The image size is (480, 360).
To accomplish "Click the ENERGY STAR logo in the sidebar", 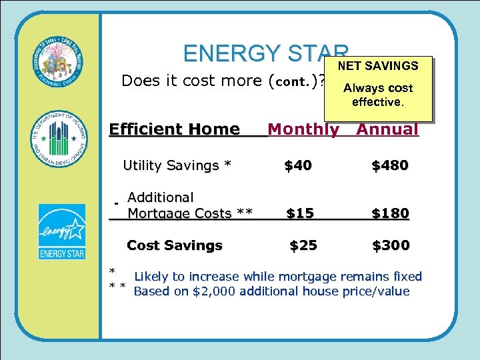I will coord(61,231).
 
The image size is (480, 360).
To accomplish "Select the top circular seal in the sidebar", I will coord(61,61).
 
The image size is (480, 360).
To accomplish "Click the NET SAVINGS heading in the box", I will coord(378,66).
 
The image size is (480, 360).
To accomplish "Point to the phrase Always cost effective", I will coord(378,95).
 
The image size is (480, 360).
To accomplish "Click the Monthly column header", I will coord(303,129).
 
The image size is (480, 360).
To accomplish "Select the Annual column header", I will coord(387,129).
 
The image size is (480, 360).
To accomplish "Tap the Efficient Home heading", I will coord(174,129).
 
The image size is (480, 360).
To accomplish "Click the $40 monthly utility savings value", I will coord(297,165).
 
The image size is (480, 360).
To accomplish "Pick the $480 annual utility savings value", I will coord(390,165).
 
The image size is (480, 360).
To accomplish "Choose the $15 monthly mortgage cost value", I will coord(300,213).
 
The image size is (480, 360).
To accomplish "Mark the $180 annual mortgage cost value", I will coord(390,213).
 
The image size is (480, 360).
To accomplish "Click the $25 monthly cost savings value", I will coord(303,245).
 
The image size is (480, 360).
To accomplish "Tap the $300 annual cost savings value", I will coord(391,245).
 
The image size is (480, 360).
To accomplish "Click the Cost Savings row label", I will coord(174,245).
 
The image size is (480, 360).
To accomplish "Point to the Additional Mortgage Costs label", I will coord(189,205).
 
